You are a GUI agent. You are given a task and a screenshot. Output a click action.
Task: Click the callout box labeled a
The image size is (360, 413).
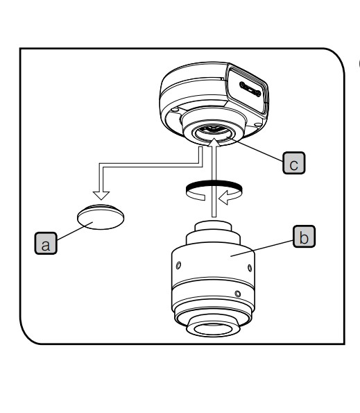[46, 244]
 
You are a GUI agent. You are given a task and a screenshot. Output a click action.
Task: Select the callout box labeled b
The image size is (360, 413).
[304, 236]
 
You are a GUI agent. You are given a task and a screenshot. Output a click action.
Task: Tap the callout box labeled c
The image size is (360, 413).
[293, 163]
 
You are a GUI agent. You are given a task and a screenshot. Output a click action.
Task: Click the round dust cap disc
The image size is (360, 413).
[101, 217]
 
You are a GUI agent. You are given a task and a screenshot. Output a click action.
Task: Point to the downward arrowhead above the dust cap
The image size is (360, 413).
[101, 196]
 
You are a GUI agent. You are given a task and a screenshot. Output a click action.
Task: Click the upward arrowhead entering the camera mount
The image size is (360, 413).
[214, 142]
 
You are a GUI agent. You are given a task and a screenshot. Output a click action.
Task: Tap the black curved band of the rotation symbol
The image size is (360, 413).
[214, 185]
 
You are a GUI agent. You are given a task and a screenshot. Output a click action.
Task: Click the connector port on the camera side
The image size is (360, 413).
[250, 90]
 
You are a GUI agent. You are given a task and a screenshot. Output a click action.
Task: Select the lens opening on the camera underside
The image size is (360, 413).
[214, 132]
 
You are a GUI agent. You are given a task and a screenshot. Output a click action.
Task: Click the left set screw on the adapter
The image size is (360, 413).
[178, 265]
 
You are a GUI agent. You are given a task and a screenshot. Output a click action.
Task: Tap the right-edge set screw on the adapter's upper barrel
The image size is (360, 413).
[250, 268]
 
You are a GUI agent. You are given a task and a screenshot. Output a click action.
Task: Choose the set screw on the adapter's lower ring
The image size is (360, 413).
[238, 294]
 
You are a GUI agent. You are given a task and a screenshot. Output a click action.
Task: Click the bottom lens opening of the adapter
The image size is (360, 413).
[213, 329]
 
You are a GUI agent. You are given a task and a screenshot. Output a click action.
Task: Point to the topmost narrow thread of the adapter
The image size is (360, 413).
[213, 226]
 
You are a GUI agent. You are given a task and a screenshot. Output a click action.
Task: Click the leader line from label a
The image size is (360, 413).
[75, 231]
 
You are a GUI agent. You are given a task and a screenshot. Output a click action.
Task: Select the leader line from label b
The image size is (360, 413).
[262, 248]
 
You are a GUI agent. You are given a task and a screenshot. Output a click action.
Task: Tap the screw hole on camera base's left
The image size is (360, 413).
[173, 110]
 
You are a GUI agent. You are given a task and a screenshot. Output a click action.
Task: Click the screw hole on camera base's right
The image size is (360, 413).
[258, 124]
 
